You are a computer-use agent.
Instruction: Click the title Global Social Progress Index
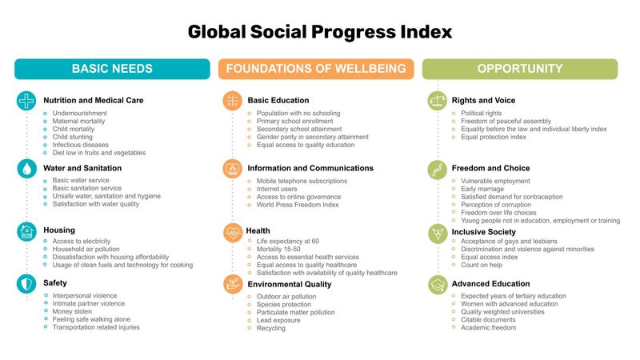[320, 32]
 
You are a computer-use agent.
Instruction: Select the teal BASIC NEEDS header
[112, 69]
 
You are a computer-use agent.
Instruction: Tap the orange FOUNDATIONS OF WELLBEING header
[316, 69]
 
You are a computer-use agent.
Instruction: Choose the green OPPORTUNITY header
[520, 69]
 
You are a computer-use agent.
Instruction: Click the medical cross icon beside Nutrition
[27, 101]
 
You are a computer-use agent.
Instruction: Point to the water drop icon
[27, 169]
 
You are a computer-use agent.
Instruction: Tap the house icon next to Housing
[27, 231]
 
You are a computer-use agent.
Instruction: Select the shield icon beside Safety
[27, 283]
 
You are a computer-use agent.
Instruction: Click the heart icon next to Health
[233, 232]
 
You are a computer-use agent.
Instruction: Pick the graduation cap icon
[438, 284]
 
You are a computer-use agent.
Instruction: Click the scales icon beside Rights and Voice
[438, 101]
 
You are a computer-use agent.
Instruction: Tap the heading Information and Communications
[310, 169]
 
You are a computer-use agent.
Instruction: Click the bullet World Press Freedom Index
[298, 205]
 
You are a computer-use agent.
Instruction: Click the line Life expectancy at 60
[287, 242]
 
